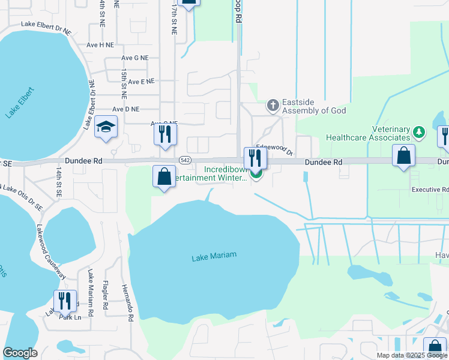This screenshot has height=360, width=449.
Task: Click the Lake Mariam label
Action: tap(214, 256)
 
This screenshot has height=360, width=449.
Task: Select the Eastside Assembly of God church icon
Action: tap(273, 106)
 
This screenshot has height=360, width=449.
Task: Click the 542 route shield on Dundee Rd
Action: tap(185, 160)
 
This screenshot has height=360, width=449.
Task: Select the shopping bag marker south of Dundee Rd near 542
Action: tap(164, 177)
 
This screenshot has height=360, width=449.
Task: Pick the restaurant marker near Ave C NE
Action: tap(165, 134)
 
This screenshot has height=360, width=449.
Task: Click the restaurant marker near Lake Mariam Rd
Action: tap(65, 301)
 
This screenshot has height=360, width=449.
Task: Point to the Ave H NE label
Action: tap(100, 44)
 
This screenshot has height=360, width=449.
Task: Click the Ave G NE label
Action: tap(134, 58)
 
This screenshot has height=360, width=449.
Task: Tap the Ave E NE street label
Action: tap(141, 81)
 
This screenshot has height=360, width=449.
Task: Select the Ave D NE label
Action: tap(126, 109)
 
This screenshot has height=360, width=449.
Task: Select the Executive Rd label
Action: tap(430, 190)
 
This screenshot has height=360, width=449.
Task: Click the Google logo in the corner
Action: tap(20, 353)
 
